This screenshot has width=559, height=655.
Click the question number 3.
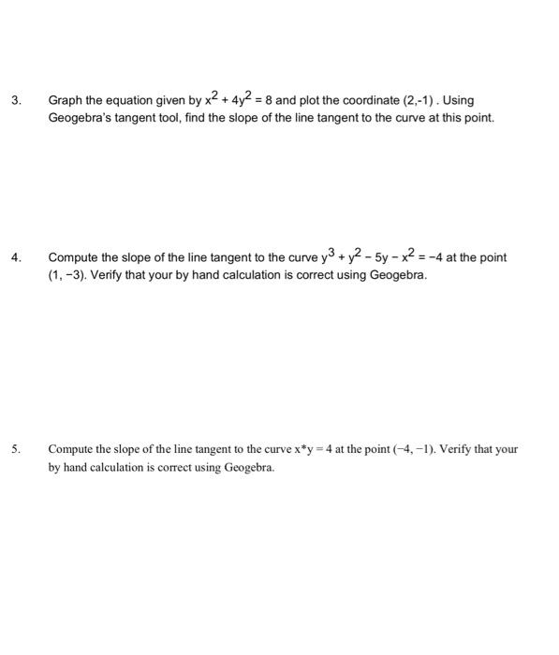pyautogui.click(x=15, y=100)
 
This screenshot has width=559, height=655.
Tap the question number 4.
pyautogui.click(x=15, y=257)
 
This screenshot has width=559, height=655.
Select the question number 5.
pyautogui.click(x=15, y=449)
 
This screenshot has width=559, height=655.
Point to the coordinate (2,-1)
pyautogui.click(x=405, y=100)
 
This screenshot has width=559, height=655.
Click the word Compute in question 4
pyautogui.click(x=76, y=257)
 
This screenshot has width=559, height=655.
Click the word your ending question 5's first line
pyautogui.click(x=507, y=449)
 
